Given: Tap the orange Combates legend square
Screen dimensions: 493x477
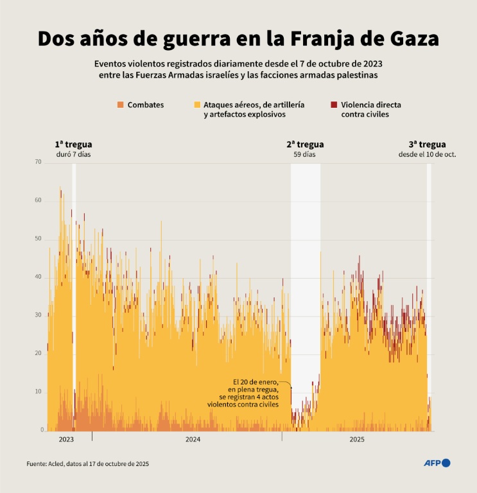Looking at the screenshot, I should (119, 105).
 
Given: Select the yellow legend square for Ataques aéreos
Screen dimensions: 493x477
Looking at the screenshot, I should (196, 105).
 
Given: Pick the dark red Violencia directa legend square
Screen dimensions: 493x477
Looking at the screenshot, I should (334, 105).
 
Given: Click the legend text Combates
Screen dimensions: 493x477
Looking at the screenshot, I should (146, 105).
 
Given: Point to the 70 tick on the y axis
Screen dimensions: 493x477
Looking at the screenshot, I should (39, 162).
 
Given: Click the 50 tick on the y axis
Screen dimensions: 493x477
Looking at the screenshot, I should (39, 239).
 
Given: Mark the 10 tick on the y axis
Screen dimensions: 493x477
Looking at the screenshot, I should (39, 392).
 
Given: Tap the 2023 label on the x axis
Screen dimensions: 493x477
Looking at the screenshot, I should (66, 440).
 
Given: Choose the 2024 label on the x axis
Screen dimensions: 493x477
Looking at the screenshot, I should (193, 440).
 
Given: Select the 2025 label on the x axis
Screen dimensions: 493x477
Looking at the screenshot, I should (357, 440).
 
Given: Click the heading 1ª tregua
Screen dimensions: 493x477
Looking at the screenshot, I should (73, 144).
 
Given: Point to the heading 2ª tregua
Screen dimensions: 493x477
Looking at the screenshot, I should (305, 144).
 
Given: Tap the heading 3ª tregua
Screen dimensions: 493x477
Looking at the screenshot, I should (427, 144).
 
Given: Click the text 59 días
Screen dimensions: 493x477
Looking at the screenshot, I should (305, 155).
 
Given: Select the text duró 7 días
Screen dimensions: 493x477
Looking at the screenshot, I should (73, 155).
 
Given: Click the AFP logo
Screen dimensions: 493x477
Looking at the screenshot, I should (437, 463).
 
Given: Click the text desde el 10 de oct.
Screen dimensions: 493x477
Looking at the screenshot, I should (427, 155).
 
